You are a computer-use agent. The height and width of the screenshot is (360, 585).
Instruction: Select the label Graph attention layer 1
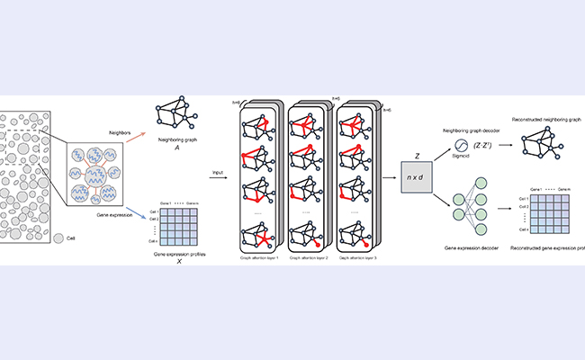coord(259,256)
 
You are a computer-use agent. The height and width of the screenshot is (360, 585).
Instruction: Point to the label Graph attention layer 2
coord(308,256)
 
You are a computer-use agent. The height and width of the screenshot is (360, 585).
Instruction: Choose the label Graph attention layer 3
coord(357,256)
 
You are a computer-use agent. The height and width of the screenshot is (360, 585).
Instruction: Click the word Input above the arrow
coord(217,170)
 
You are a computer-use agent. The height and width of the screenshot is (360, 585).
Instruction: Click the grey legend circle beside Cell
coord(58,238)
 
